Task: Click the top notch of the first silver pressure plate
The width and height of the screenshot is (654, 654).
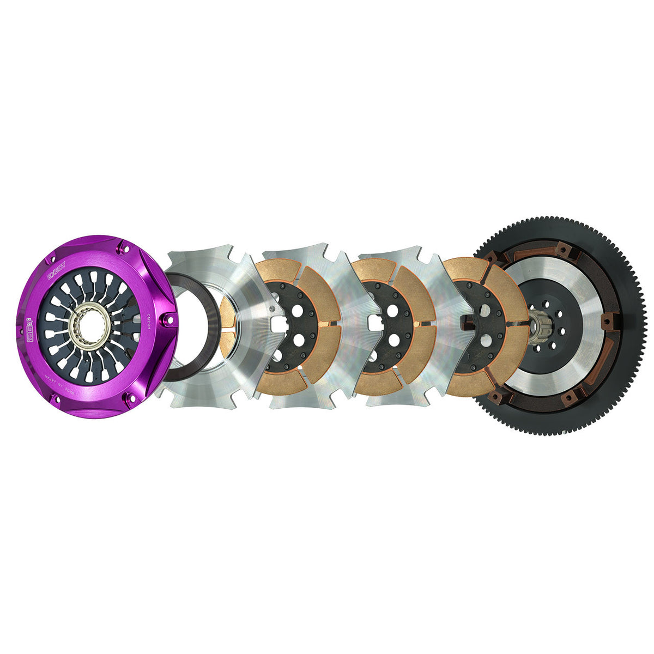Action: [202, 252]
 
